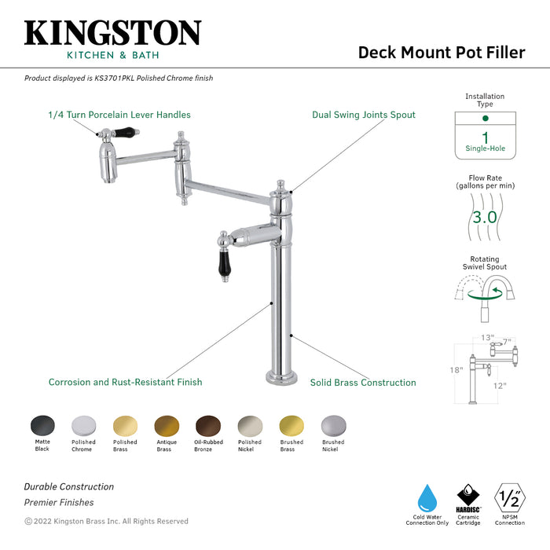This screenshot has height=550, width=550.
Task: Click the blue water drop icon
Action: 427,497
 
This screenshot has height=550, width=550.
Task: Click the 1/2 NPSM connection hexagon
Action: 510,497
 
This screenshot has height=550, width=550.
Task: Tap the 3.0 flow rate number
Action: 485,217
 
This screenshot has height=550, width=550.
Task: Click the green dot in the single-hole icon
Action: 485,118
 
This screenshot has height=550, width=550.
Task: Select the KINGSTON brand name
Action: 112,33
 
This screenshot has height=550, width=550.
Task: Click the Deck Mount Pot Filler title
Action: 441,53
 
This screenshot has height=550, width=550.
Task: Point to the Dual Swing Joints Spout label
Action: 364,115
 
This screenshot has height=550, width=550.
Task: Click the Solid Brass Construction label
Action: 363,383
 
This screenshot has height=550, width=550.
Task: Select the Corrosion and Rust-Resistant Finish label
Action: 125,383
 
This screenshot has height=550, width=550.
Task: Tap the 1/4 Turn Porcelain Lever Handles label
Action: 119,115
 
